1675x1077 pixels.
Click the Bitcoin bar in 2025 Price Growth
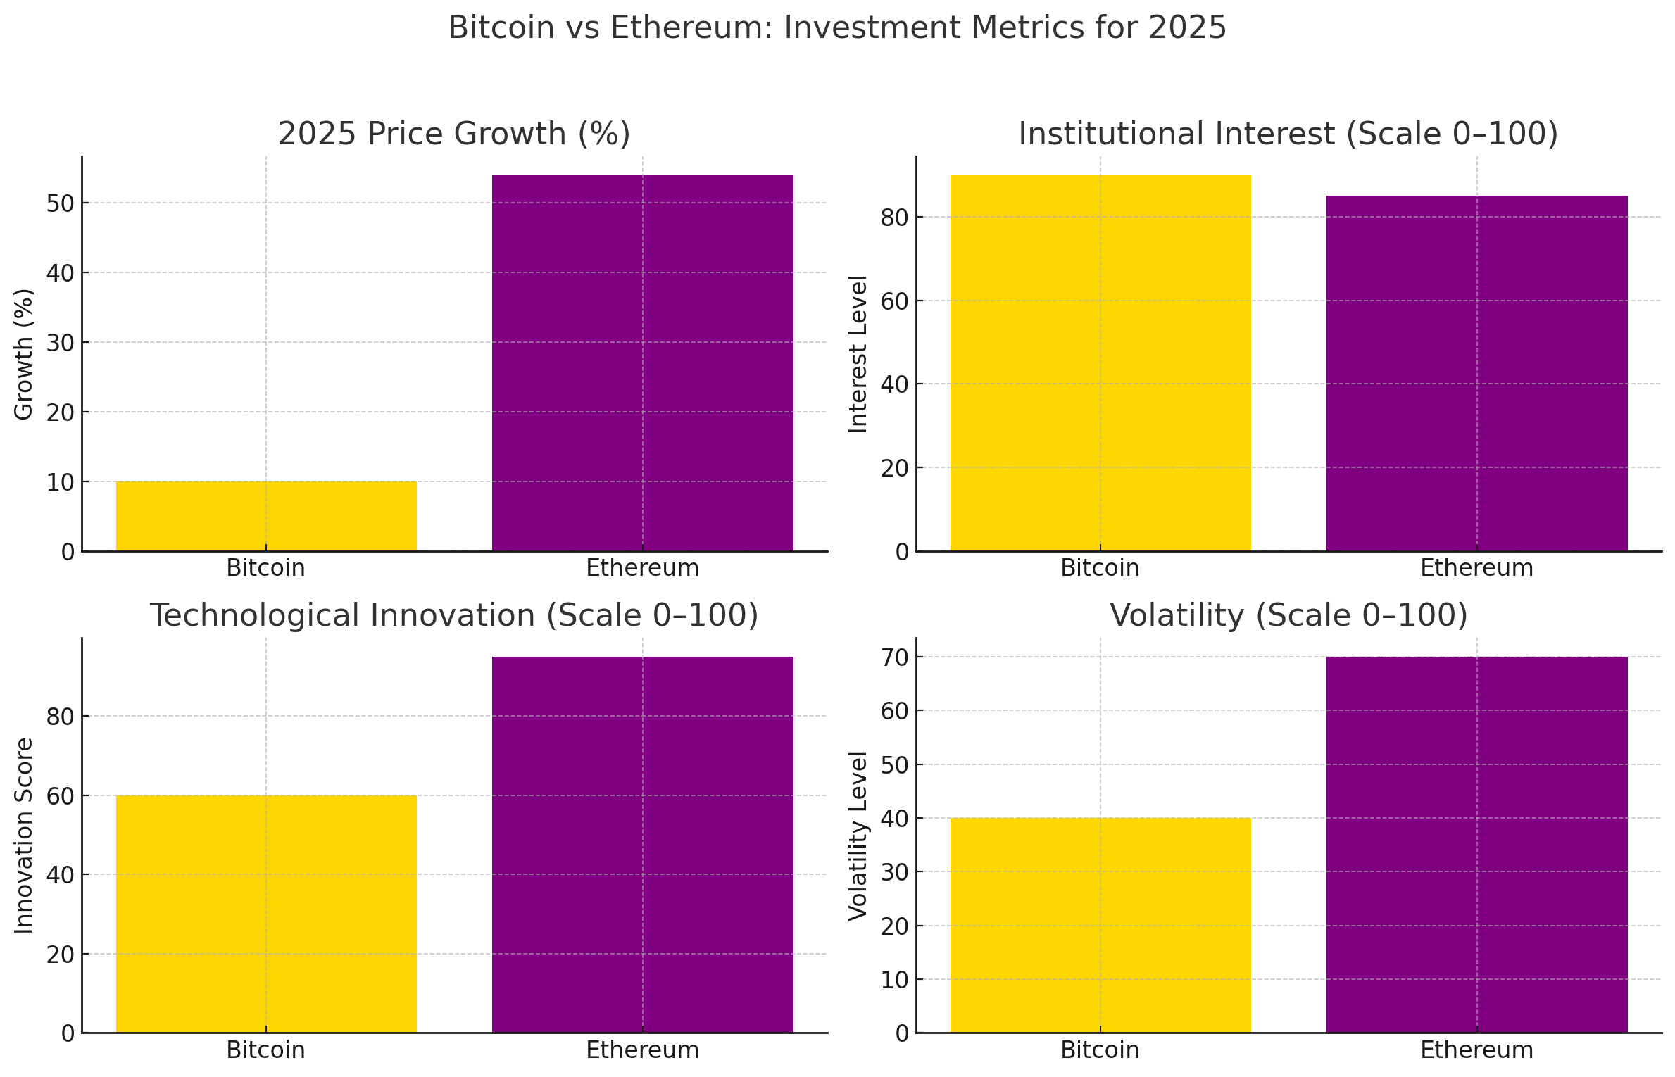(266, 516)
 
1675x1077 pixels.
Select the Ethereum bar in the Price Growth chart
(642, 363)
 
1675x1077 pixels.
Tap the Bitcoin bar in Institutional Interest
(1100, 363)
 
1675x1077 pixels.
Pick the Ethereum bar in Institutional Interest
(1476, 373)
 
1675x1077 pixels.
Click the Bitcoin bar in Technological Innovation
(266, 914)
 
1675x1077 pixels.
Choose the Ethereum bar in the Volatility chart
(1476, 845)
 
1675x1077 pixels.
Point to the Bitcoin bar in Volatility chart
(1100, 925)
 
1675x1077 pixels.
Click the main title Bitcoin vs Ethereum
(837, 28)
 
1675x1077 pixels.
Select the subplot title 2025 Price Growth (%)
(454, 134)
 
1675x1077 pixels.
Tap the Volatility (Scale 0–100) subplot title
(1288, 615)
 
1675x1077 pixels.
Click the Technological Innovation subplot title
(454, 615)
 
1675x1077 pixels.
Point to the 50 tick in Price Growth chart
(61, 203)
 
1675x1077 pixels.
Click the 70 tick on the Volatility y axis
(895, 657)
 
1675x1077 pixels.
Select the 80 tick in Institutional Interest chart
(895, 218)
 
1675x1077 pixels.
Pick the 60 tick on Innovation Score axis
(61, 796)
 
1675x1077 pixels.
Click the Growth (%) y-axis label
(24, 354)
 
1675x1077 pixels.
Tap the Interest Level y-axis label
(858, 354)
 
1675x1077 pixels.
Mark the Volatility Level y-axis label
(858, 836)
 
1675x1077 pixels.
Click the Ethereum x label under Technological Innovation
(642, 1050)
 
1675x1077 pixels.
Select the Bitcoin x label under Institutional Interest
(1100, 568)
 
